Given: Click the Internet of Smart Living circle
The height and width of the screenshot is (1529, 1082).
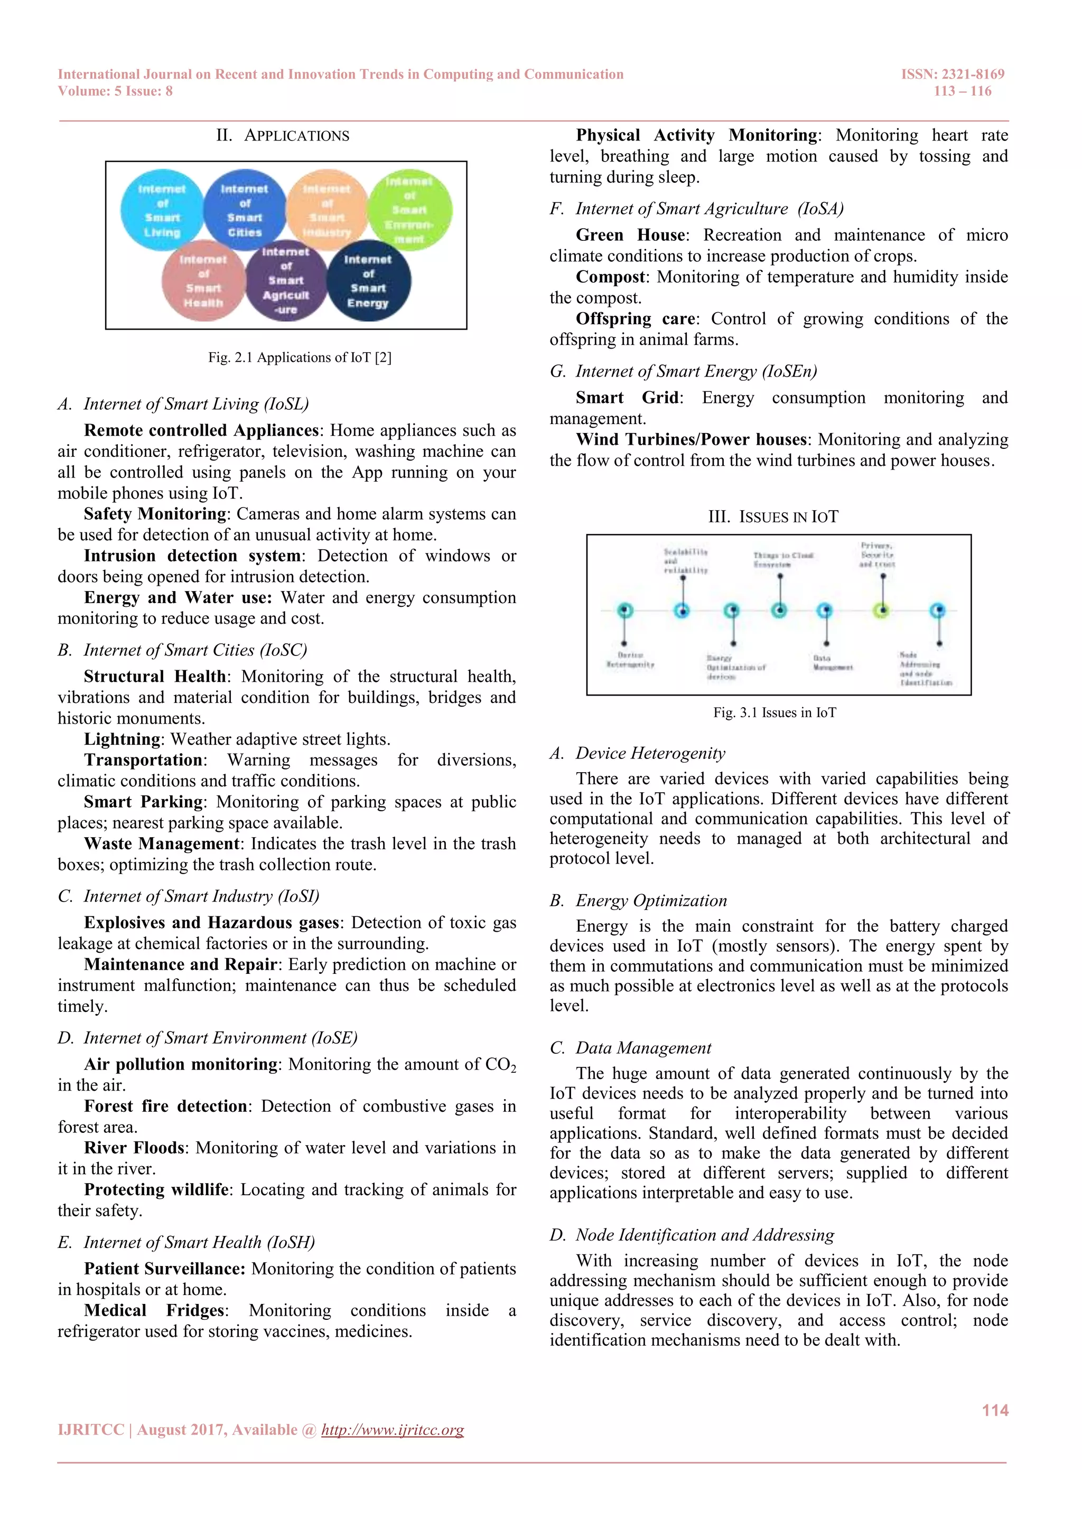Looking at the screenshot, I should [x=162, y=210].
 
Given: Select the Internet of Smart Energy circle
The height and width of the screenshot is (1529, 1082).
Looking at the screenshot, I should [x=368, y=280].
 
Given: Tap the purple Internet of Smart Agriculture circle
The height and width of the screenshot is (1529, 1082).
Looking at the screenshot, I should [x=286, y=280].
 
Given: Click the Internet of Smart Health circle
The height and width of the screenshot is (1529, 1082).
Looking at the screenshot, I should [x=203, y=280].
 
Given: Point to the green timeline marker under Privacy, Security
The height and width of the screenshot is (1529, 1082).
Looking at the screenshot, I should [x=882, y=610].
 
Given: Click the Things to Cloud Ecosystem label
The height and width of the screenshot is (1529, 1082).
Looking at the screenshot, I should [x=783, y=559].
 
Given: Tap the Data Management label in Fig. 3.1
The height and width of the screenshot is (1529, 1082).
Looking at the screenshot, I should [x=832, y=663].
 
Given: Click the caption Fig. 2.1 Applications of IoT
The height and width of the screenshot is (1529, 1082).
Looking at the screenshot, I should [x=300, y=358].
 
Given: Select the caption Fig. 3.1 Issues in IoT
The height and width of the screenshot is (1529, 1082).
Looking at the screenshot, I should [x=774, y=712].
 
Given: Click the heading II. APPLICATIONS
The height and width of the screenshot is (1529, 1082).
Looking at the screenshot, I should [x=283, y=136].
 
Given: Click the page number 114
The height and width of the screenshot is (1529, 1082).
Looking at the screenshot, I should [x=995, y=1411].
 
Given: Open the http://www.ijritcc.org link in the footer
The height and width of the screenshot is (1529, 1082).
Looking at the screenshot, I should [x=393, y=1430].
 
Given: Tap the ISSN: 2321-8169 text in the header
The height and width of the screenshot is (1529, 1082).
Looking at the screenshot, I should [x=952, y=74].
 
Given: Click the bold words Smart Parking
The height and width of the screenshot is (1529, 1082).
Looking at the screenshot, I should [x=143, y=802].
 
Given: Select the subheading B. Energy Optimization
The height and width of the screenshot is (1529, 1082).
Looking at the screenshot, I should [x=638, y=900].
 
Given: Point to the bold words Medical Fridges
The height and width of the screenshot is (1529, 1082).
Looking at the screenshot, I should [x=155, y=1310].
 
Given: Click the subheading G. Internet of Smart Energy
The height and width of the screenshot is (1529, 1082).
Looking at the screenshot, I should [x=683, y=372].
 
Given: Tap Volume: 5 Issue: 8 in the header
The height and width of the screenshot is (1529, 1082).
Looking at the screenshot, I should [x=115, y=91].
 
